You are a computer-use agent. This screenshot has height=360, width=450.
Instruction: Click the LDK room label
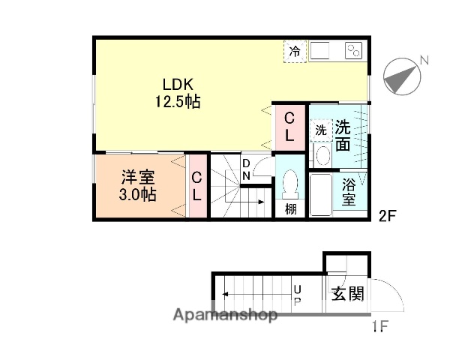(178, 85)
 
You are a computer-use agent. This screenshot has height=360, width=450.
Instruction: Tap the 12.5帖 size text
(178, 102)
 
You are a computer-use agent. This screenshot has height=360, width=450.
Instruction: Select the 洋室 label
(139, 178)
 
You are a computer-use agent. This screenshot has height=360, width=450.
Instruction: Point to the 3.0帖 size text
(139, 195)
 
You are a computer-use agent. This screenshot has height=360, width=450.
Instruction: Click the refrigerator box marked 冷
(295, 52)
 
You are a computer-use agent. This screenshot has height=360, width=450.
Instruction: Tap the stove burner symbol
(353, 51)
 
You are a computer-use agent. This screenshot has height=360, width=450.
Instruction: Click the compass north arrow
(402, 75)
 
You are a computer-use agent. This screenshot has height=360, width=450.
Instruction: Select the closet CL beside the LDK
(289, 127)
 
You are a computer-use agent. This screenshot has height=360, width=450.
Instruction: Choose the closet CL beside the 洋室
(196, 186)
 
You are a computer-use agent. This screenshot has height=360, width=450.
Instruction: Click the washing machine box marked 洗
(320, 129)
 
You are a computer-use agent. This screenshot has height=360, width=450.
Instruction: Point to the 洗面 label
(343, 135)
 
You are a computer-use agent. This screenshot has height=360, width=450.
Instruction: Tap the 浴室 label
(349, 192)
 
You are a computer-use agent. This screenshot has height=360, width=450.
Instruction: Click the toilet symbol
(290, 184)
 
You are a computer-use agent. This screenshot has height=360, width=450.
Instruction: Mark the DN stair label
(246, 169)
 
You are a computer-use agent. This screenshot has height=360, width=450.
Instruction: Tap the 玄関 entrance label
(347, 293)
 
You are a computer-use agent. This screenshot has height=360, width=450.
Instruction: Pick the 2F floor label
(386, 217)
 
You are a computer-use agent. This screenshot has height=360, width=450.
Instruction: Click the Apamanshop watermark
(224, 315)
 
